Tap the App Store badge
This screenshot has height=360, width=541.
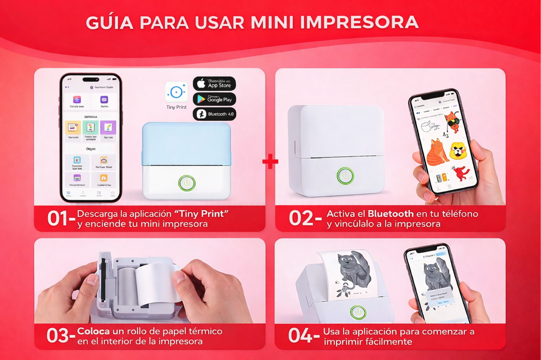(x=214, y=83)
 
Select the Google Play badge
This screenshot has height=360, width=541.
(x=214, y=99)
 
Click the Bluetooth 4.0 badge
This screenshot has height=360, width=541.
(x=214, y=114)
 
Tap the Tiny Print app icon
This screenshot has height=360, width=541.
(x=176, y=92)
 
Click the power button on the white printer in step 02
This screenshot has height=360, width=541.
(x=345, y=176)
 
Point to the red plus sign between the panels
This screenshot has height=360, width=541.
(x=270, y=162)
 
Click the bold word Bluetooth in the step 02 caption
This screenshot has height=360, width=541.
(x=390, y=214)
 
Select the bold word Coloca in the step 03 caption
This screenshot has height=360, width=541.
(x=93, y=332)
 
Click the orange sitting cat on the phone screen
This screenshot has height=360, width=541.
(x=437, y=152)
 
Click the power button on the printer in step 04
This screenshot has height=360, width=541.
(x=358, y=312)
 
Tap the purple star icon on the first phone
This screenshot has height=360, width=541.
(x=77, y=100)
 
